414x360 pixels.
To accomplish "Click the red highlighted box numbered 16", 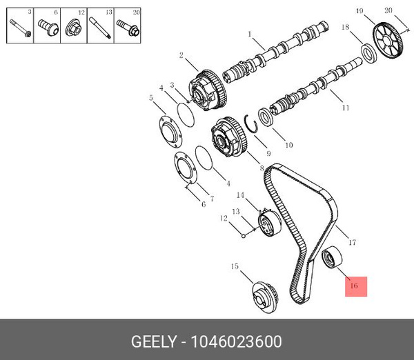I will [x=356, y=286].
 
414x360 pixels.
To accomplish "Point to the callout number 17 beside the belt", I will [x=352, y=242].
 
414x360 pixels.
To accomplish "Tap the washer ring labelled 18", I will [x=369, y=51].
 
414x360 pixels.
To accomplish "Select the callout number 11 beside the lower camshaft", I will [x=345, y=108].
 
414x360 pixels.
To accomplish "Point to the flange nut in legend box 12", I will [x=74, y=28].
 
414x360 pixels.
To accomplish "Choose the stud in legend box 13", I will [x=100, y=28].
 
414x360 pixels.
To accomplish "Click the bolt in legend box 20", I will [x=128, y=28].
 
